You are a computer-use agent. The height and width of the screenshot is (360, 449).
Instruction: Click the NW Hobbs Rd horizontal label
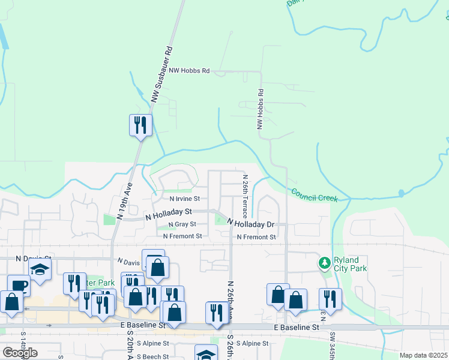189,71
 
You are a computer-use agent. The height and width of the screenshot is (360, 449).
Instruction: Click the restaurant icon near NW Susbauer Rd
140,125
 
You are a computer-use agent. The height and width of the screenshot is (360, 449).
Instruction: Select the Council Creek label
315,195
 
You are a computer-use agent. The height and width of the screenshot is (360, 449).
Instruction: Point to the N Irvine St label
184,199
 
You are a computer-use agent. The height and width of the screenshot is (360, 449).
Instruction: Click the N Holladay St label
169,212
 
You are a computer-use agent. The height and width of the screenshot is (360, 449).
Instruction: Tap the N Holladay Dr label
251,224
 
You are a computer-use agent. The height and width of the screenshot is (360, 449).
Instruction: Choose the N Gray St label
182,224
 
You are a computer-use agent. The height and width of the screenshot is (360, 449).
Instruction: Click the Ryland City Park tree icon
325,263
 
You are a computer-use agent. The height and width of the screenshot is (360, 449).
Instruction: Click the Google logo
20,353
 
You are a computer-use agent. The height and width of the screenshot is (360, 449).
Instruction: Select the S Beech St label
152,356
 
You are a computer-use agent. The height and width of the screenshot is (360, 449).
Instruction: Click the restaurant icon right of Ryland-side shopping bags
330,298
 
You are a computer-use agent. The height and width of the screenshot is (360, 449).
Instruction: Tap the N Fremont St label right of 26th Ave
256,238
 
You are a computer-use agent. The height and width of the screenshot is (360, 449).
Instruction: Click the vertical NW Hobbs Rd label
261,110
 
